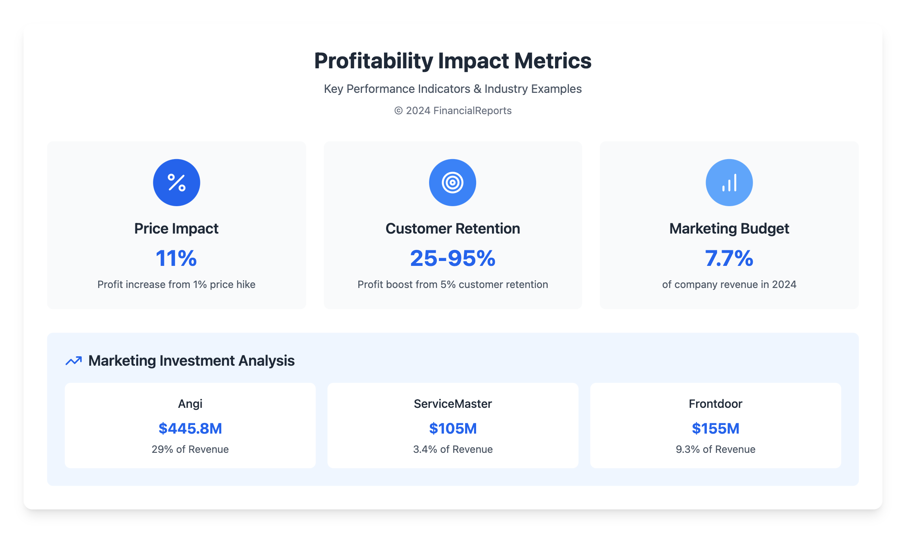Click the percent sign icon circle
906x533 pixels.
tap(176, 182)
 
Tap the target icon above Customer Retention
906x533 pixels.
tap(452, 182)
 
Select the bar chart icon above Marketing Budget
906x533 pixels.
tap(729, 182)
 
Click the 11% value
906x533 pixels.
tap(176, 258)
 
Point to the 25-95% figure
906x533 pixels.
tap(452, 258)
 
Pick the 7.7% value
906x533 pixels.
tap(729, 258)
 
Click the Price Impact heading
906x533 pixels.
tap(176, 228)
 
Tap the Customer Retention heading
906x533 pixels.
tap(452, 228)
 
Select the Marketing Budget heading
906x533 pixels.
tap(729, 228)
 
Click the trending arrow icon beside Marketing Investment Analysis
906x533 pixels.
tap(74, 361)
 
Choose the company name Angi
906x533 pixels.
tap(190, 404)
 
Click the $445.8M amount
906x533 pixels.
tap(190, 428)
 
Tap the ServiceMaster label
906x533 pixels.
tap(453, 404)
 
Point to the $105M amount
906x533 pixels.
tap(453, 428)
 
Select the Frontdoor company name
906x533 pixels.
tap(715, 404)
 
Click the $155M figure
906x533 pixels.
tap(715, 428)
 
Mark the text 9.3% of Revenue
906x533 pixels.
tap(715, 449)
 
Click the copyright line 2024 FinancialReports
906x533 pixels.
tap(453, 110)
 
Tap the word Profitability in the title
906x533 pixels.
tap(373, 61)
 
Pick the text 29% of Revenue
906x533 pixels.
tap(190, 449)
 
